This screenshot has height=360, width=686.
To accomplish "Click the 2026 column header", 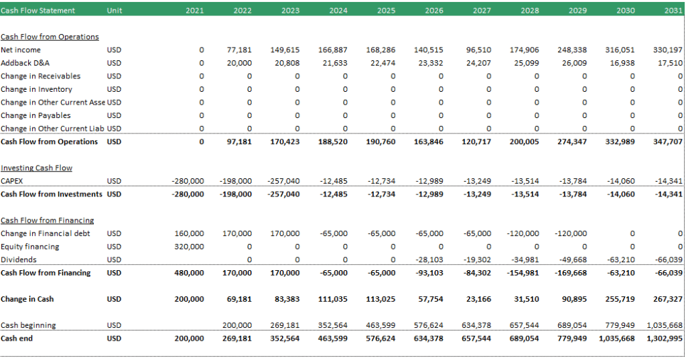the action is coord(434,11).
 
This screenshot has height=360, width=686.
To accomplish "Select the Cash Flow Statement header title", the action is coord(38,11).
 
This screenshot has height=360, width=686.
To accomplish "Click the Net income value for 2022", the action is coord(239,50).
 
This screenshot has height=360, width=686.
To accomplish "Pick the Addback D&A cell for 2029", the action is coord(574,63).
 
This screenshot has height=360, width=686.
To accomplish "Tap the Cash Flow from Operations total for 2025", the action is coord(381,141).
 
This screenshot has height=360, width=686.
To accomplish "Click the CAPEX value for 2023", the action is coord(283,181).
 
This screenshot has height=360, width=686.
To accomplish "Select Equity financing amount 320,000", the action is coord(189,247).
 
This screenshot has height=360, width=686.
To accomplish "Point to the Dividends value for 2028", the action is coord(525,259).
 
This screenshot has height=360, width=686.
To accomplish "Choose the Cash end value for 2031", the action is coord(664,339).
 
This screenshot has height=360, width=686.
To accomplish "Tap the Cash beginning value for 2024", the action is coord(332,325).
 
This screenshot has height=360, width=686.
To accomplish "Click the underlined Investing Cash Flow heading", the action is coord(36,168).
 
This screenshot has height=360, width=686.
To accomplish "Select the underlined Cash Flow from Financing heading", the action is coord(48,221).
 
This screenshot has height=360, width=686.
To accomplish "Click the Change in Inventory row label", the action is coord(36,89).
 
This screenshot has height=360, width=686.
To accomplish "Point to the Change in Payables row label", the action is coord(36,115).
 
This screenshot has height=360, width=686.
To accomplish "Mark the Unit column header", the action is coord(114,11).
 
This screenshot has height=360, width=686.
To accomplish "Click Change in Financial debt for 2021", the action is coord(189,233).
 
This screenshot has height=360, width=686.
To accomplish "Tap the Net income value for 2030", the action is coord(620,50).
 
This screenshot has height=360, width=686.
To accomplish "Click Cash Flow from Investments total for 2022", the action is coord(235,194).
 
